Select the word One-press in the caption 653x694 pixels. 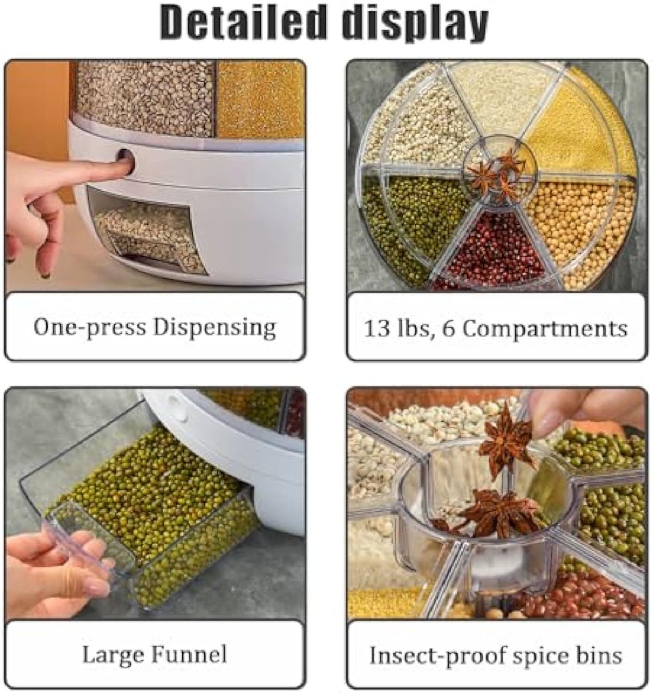pyautogui.click(x=89, y=328)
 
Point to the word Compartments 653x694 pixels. pyautogui.click(x=545, y=329)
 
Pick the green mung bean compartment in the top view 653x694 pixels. pyautogui.click(x=412, y=220)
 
